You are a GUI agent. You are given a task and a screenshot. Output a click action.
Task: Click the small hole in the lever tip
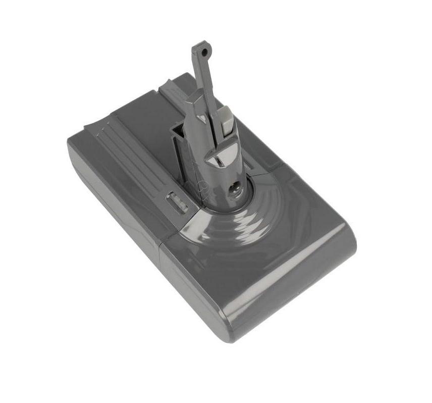click(203, 51)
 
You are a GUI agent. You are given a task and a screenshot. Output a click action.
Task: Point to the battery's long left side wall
click(111, 202)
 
